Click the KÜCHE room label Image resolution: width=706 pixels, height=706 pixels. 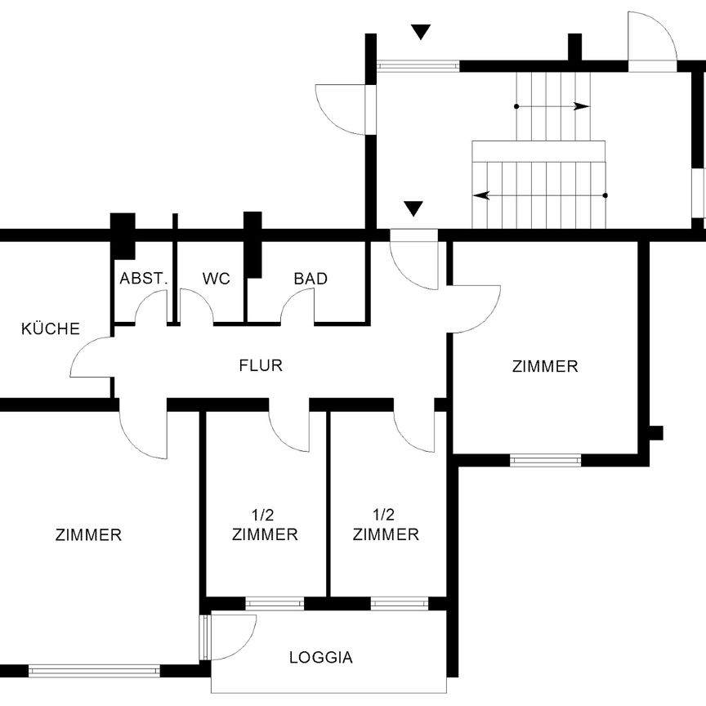[x=51, y=329]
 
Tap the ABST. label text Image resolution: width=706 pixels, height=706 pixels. [x=144, y=279]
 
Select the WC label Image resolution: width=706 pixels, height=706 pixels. [x=217, y=279]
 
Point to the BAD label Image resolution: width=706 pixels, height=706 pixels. [x=311, y=279]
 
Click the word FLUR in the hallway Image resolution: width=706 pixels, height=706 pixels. [x=261, y=365]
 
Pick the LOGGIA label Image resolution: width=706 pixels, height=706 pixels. [x=321, y=657]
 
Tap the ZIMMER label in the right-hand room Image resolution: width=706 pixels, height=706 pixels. [x=545, y=366]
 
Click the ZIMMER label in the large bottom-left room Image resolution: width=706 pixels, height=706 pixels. [x=88, y=535]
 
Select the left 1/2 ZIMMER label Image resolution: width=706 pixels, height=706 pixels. [x=265, y=525]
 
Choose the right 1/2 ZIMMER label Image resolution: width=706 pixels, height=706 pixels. [x=386, y=525]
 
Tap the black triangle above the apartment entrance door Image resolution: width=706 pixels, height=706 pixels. [x=414, y=208]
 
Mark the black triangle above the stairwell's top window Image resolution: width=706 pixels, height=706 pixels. [x=421, y=32]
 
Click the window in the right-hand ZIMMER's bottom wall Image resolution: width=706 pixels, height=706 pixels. [x=545, y=460]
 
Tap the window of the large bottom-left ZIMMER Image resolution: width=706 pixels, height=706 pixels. [x=94, y=671]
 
